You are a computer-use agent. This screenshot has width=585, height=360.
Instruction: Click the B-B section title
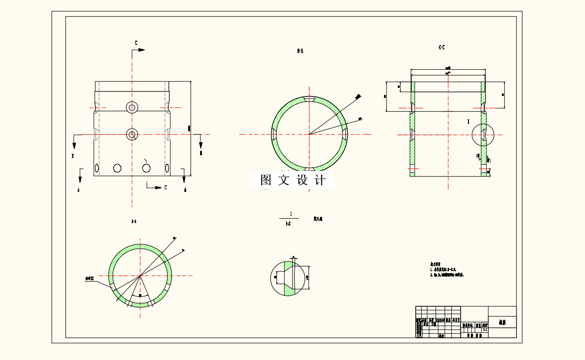point(300,51)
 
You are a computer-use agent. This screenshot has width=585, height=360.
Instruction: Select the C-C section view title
point(442,47)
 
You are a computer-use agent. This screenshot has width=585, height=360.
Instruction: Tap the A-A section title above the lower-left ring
point(134,222)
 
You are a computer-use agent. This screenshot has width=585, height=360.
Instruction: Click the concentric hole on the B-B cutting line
point(132,135)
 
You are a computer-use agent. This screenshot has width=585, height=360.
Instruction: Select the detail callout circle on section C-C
point(483,135)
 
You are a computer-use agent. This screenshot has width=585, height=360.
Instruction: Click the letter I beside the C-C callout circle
point(468,122)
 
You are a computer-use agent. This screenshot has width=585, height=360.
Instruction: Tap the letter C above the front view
point(136,43)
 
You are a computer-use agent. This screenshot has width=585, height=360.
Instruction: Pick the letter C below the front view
point(166,188)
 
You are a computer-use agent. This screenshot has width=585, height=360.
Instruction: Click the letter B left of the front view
point(73,156)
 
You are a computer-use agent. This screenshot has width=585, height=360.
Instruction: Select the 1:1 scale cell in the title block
point(485,329)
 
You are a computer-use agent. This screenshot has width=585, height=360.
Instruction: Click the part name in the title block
point(501,322)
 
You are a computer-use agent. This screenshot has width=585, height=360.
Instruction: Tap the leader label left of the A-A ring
point(89,278)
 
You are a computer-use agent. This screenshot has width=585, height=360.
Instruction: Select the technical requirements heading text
point(436,264)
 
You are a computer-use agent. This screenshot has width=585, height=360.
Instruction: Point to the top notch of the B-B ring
point(309,99)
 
